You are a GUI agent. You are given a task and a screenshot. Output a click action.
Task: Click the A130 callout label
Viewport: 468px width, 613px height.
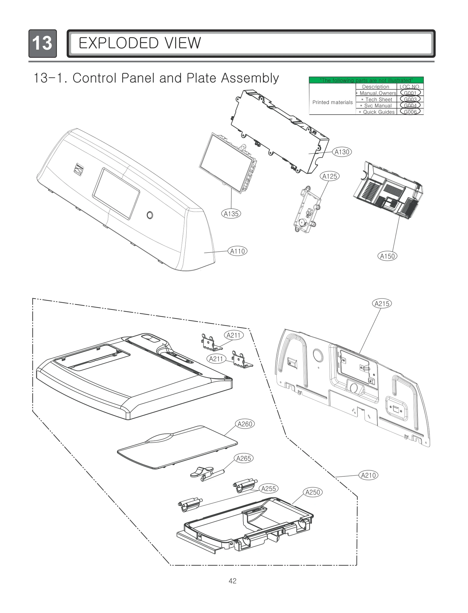pos(342,152)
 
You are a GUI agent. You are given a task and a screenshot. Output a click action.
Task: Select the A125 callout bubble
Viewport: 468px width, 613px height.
pos(330,176)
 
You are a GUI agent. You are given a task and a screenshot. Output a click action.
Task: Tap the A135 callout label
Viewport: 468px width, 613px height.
pos(231,214)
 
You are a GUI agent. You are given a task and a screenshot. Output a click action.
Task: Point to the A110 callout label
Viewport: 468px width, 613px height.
pos(238,251)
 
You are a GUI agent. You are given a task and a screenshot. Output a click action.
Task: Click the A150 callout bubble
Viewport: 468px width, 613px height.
pos(387,256)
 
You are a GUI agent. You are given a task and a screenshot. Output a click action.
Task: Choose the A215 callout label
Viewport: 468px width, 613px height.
pos(382,304)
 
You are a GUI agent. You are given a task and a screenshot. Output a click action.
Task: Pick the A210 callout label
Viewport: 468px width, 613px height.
pos(368,475)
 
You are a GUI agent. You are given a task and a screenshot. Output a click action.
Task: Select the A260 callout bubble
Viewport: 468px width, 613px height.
pos(245,424)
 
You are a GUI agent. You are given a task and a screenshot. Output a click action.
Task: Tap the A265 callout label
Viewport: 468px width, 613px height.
pos(244,459)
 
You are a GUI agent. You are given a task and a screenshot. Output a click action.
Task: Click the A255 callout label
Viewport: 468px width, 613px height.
pos(269,489)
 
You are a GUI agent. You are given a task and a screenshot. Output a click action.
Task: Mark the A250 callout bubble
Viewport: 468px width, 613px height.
pos(313,492)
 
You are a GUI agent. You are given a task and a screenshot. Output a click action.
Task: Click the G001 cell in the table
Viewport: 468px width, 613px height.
pos(410,93)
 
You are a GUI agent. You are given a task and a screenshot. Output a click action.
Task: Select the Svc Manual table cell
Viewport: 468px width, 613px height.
pos(378,106)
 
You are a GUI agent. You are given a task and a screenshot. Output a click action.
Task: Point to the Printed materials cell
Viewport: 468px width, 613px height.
pos(333,102)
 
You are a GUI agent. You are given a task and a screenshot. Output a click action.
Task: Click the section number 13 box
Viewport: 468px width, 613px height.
pos(43,44)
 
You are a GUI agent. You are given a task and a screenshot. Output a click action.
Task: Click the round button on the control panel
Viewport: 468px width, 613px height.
pos(150,215)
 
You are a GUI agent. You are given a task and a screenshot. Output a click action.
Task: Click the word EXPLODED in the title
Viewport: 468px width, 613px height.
pos(118,43)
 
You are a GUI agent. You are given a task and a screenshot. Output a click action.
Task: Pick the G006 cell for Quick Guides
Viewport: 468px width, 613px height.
pos(410,112)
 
